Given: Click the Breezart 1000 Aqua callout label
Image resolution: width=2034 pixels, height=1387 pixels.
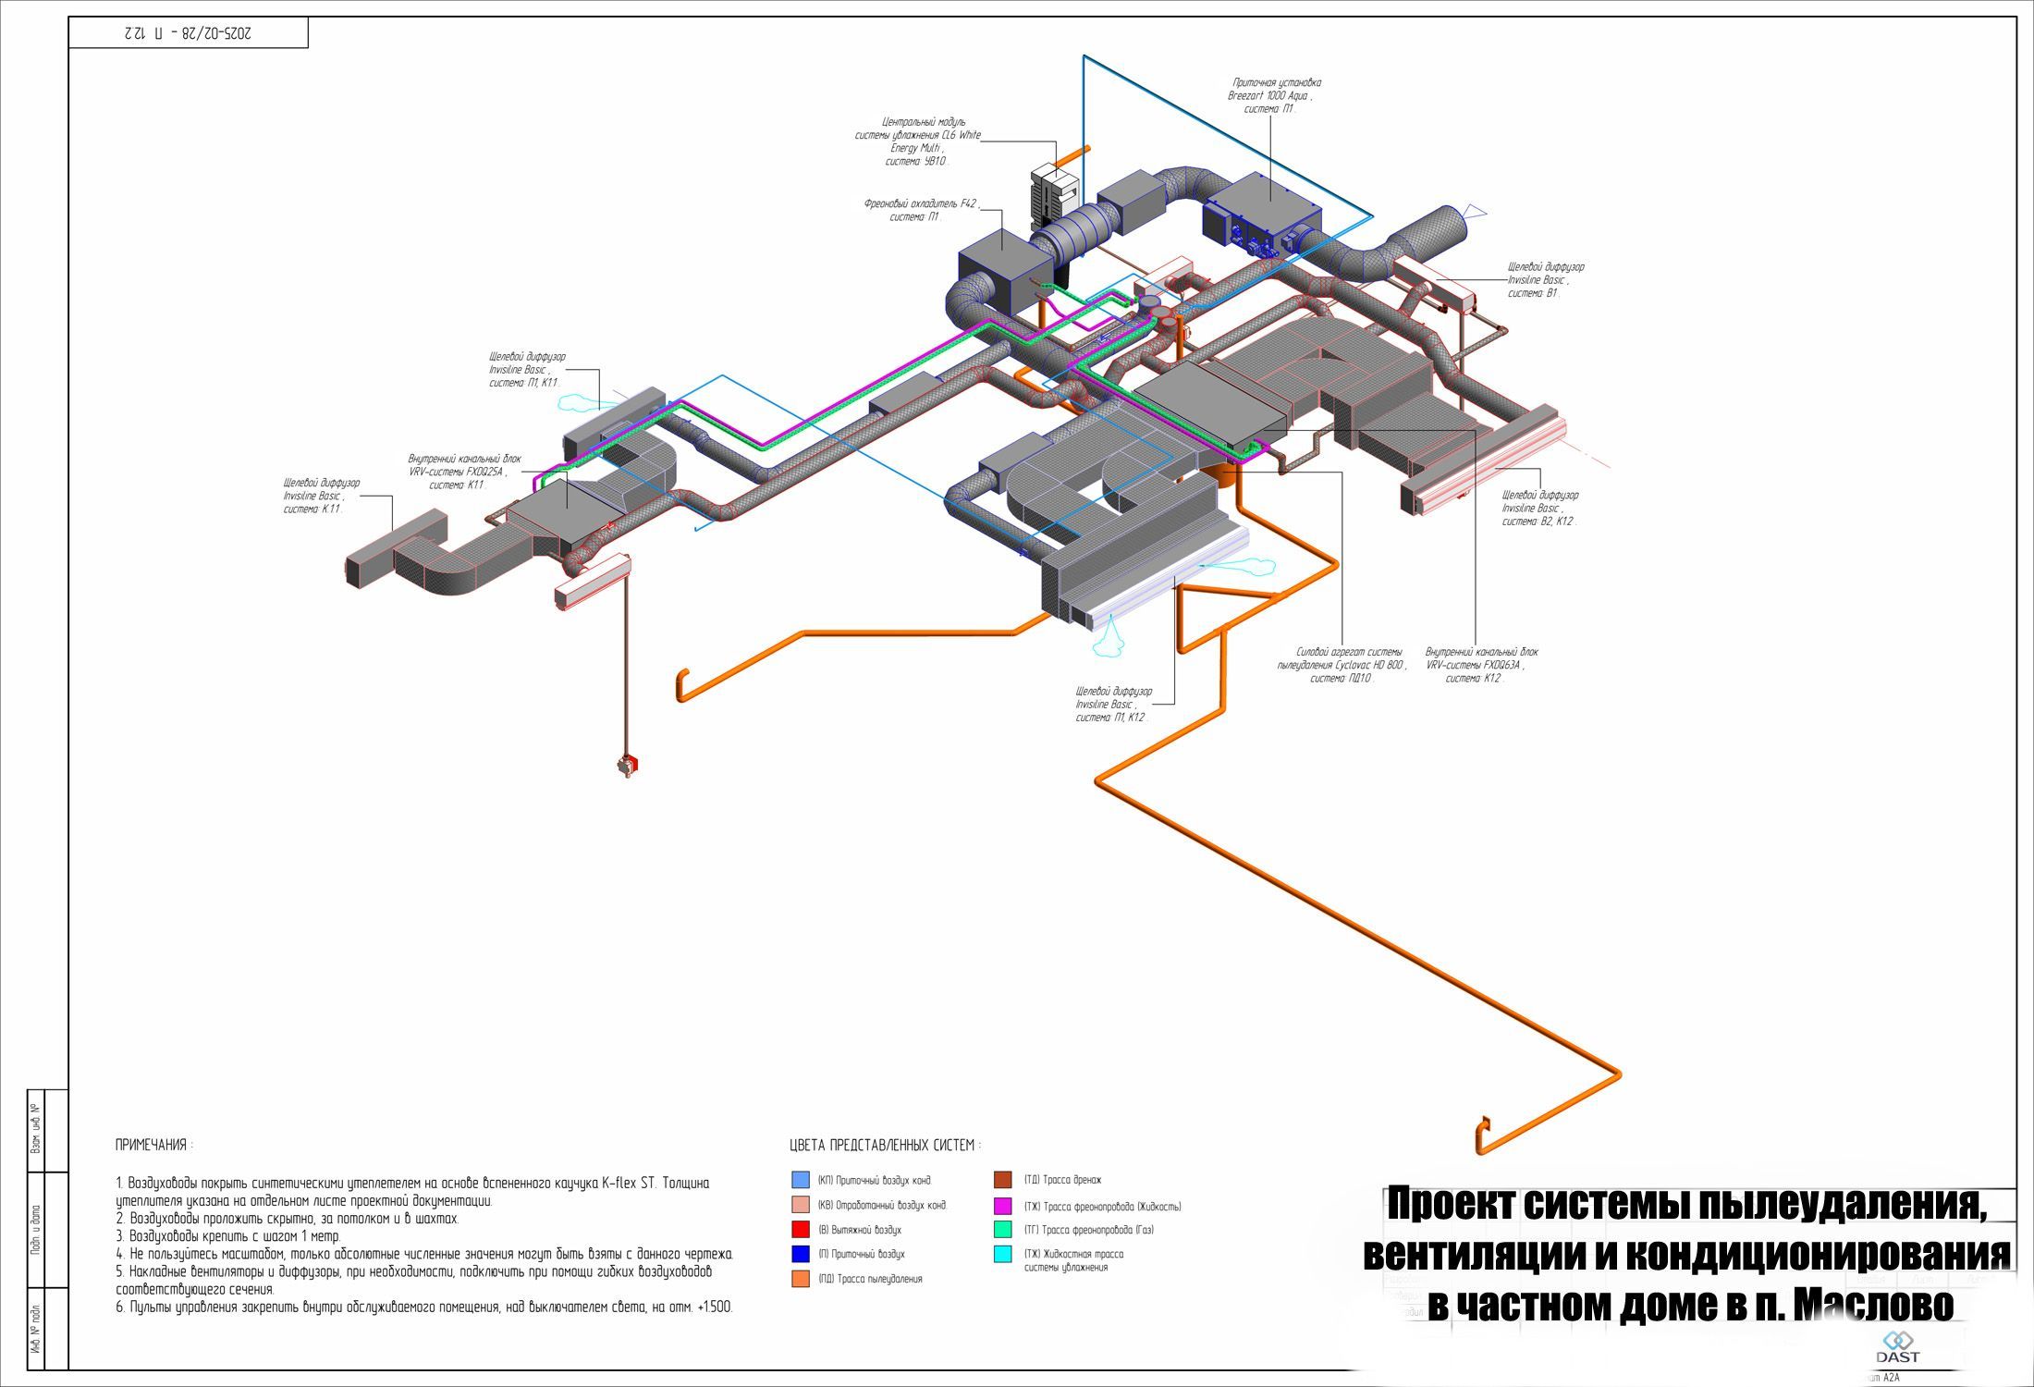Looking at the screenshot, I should pos(1271,95).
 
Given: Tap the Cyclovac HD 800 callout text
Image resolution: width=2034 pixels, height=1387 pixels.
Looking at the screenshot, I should pos(1342,665).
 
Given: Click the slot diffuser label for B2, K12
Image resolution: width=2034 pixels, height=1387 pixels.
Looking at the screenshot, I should pos(1539,509).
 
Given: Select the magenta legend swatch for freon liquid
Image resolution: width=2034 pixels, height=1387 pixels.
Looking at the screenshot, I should pos(1003,1206).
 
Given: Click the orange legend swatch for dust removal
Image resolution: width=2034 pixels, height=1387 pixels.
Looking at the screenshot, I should pos(801,1279).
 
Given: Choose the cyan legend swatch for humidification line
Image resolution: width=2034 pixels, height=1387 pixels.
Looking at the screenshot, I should pos(1003,1255).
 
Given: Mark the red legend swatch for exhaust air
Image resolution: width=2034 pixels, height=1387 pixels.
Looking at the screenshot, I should pos(801,1230).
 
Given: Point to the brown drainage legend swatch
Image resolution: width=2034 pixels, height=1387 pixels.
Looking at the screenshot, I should pos(1003,1180).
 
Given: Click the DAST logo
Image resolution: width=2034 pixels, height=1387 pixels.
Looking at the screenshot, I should pos(1897,1347).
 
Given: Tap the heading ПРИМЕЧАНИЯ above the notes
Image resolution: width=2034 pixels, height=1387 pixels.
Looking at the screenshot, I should pos(153,1145).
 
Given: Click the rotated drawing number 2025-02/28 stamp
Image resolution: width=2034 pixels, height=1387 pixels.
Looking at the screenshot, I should pos(188,33).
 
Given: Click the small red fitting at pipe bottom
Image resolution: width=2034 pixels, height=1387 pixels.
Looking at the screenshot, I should pos(629,766).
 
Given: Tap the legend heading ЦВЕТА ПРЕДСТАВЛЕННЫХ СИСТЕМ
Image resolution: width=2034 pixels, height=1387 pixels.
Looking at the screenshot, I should pos(885,1146).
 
